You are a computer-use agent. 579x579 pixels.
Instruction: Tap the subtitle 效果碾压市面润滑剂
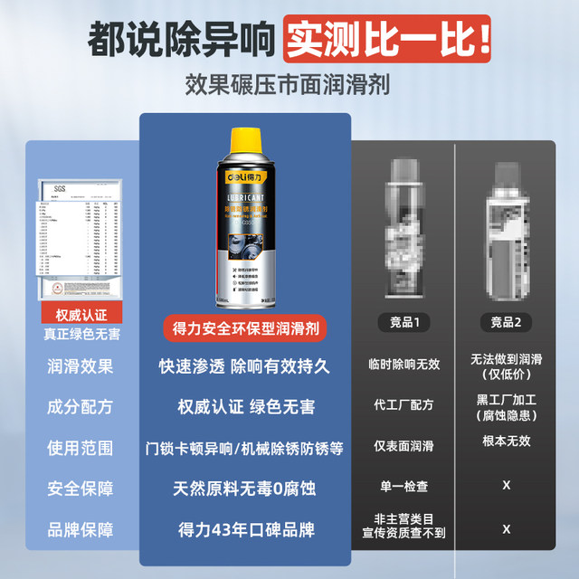point(289,87)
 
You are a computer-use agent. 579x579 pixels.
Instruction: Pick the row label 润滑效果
point(81,366)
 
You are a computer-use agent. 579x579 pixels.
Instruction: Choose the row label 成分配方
point(81,407)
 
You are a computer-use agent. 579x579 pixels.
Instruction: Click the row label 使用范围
point(81,448)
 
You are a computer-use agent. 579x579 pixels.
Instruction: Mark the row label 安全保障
point(81,489)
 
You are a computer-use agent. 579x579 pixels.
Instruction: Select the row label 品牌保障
point(81,529)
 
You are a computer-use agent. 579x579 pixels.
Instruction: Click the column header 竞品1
point(403,322)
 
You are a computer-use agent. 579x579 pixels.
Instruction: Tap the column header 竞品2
point(506,322)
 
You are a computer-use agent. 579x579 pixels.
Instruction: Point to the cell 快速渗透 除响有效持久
point(244,366)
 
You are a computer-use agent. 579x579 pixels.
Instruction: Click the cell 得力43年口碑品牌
point(244,529)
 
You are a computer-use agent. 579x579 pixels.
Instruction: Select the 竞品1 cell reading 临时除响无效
point(403,364)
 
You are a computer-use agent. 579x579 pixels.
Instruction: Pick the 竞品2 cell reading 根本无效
point(506,441)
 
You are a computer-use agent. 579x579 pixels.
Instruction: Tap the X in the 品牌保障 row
point(506,528)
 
